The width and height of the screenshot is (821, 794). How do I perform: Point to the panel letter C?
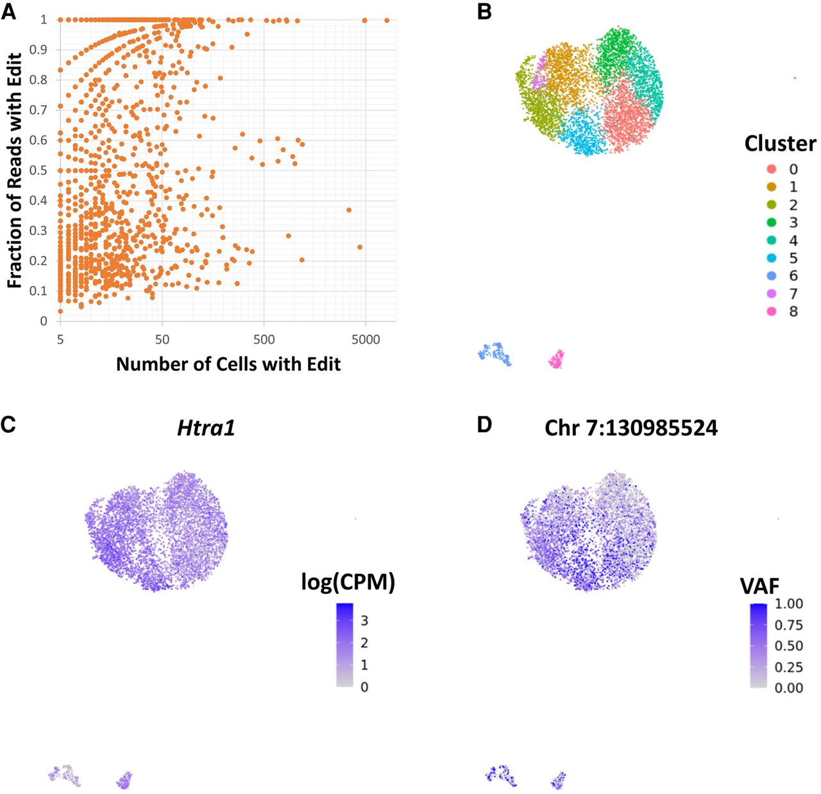8,425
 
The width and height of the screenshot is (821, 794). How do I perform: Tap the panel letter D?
484,425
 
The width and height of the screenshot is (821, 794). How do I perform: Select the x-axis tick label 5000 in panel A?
366,339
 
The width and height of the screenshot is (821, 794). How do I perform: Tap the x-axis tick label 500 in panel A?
264,339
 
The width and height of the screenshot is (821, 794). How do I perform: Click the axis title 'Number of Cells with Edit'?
228,364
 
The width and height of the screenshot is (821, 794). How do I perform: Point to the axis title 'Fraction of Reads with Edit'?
15,171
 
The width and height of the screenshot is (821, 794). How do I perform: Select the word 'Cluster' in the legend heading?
780,144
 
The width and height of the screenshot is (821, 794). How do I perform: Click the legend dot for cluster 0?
772,169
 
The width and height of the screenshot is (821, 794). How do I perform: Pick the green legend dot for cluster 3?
772,223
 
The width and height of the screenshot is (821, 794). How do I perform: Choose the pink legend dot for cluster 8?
772,312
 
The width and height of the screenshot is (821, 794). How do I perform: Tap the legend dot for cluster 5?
772,258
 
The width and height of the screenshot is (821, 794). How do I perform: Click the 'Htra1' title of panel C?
206,428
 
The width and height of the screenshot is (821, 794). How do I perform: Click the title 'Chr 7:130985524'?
631,428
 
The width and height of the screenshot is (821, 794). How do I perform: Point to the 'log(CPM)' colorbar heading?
348,582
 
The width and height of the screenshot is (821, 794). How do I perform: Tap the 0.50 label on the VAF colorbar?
788,646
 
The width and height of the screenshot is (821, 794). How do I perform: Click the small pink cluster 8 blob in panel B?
557,359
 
